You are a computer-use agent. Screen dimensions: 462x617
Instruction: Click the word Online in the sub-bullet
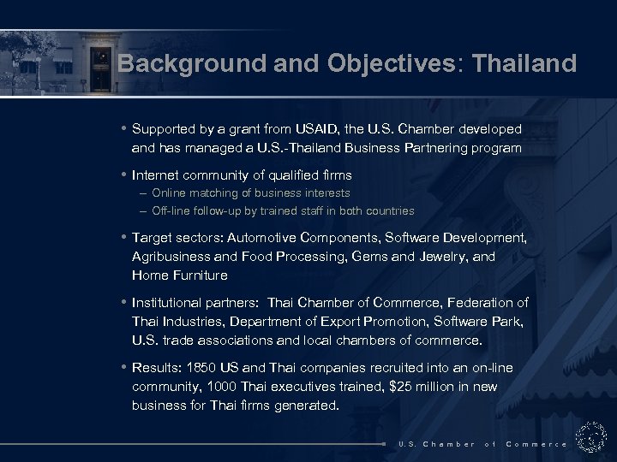coord(169,193)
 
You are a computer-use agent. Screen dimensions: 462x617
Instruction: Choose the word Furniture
coord(199,275)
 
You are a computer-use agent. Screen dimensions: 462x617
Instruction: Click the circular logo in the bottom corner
coord(590,437)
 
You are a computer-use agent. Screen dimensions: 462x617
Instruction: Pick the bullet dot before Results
coord(124,368)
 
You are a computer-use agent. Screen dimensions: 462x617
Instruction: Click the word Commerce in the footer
coord(536,444)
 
